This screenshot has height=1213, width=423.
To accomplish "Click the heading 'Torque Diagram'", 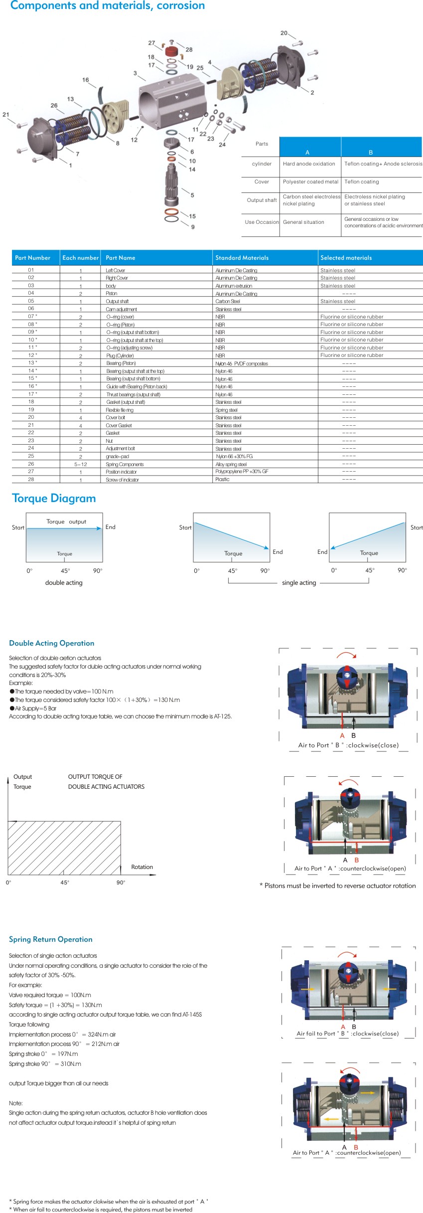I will coord(54,498).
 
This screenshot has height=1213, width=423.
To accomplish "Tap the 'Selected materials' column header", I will coord(346,258).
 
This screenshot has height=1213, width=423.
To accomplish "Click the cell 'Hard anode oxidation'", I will coord(309,164).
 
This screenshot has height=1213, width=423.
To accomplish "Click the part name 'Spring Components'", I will coord(125,464).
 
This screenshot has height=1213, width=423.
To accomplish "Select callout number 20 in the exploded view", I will coord(284,33).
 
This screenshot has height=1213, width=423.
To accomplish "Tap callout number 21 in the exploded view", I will coord(6,114).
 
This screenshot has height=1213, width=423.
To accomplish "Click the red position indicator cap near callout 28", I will coord(171,51).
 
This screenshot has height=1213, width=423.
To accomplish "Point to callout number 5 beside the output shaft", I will coord(192,195).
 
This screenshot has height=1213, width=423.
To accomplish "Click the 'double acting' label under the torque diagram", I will coord(64,582).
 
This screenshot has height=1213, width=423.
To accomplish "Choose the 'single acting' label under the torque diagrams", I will coord(299,582).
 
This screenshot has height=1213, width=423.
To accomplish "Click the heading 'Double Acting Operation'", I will coord(51,643).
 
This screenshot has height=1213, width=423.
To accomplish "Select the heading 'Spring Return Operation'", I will coord(50,939).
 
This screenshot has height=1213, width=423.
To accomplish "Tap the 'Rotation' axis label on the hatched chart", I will coord(142,867).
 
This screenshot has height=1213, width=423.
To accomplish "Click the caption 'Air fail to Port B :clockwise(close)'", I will coord(347,1034).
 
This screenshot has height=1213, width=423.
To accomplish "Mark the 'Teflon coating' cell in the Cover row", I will coord(362,181).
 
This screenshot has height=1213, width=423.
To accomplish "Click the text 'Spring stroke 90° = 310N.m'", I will coord(45,1064).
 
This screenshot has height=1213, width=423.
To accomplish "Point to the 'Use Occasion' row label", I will coord(262,222).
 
